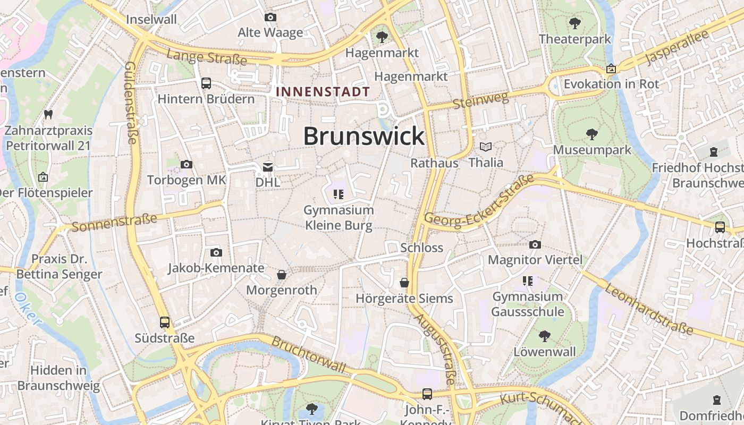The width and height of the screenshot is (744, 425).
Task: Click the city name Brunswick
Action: click(364, 137)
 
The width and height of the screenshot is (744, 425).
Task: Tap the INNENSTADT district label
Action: click(323, 91)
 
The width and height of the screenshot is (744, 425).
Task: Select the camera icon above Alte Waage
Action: click(270, 18)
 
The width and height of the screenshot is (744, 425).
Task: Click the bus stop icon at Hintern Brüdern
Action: click(206, 83)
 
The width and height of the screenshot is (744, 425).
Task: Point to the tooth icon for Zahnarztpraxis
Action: click(48, 114)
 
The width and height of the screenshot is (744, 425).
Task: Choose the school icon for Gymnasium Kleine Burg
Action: click(339, 194)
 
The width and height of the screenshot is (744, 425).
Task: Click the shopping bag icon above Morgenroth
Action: click(282, 275)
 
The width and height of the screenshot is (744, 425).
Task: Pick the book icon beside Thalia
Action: click(486, 147)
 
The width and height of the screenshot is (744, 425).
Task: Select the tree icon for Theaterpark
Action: click(574, 23)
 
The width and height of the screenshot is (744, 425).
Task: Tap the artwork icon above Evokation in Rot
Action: click(611, 69)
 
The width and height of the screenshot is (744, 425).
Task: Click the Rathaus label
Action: click(434, 163)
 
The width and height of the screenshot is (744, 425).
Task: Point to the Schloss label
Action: click(421, 248)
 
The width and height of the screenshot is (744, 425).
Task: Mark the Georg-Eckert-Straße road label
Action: click(479, 202)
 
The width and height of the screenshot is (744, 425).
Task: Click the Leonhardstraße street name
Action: click(649, 309)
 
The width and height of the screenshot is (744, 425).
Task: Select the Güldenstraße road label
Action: click(131, 103)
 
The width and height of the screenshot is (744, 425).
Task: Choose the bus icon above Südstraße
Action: click(165, 322)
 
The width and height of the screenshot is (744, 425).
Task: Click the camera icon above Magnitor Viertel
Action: click(535, 245)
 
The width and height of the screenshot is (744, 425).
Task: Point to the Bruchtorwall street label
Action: click(309, 354)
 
